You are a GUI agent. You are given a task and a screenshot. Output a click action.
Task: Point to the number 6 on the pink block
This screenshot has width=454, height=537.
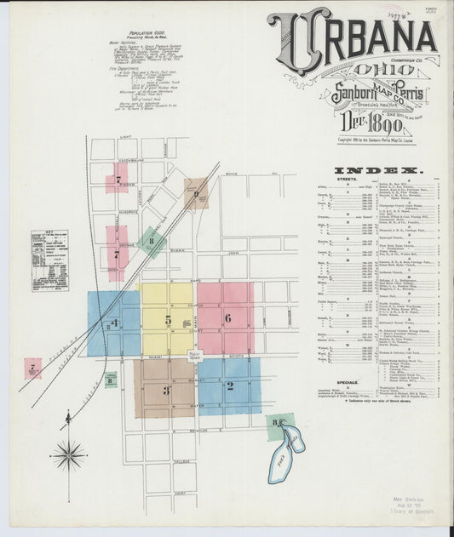tap(227, 318)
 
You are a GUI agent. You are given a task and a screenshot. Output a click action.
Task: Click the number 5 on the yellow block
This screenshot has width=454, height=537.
tap(168, 320)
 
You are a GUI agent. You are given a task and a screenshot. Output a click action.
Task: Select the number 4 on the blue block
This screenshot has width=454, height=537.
tap(113, 323)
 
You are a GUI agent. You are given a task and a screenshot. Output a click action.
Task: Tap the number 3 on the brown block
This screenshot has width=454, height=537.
tap(166, 391)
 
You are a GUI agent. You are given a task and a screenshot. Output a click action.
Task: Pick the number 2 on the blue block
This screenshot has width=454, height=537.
tap(229, 386)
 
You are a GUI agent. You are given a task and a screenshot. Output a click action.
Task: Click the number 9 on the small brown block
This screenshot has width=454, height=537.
tap(197, 195)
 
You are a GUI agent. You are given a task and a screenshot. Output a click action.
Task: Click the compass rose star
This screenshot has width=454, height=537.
tap(68, 454)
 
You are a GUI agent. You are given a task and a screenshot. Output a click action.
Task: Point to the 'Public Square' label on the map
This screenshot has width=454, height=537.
tap(194, 353)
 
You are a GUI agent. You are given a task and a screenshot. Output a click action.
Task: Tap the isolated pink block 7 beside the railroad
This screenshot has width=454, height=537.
tap(32, 368)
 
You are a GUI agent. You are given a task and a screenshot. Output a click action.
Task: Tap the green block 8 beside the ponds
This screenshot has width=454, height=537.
tap(278, 423)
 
